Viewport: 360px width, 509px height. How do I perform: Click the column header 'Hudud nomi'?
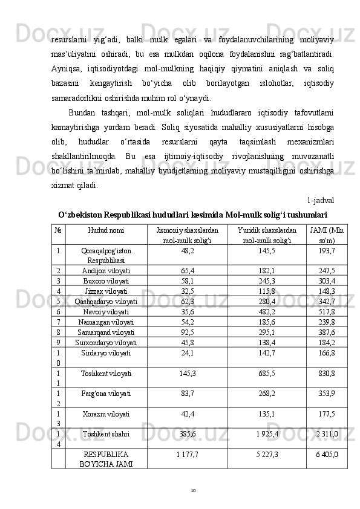point(106,231)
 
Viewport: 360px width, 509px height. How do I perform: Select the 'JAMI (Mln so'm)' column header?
point(327,235)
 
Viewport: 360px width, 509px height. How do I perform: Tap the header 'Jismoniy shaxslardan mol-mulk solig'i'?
point(187,235)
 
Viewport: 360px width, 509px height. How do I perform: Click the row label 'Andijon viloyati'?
point(106,271)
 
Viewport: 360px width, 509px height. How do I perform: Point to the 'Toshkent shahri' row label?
point(106,433)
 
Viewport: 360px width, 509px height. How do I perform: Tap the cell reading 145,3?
point(187,374)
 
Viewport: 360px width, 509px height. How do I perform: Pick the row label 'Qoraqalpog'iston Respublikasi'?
point(106,254)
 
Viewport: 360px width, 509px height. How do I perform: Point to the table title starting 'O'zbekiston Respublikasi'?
point(193,215)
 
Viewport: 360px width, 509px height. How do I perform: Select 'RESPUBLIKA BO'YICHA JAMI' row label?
point(106,458)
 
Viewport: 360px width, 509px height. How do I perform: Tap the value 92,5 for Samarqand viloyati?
point(187,332)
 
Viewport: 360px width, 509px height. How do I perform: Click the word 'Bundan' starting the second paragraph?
point(81,112)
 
